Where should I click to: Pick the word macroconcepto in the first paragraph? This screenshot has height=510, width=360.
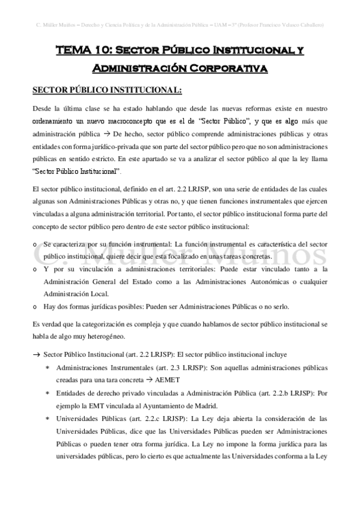click(139, 120)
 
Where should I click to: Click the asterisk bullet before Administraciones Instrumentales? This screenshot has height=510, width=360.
click(47, 367)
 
